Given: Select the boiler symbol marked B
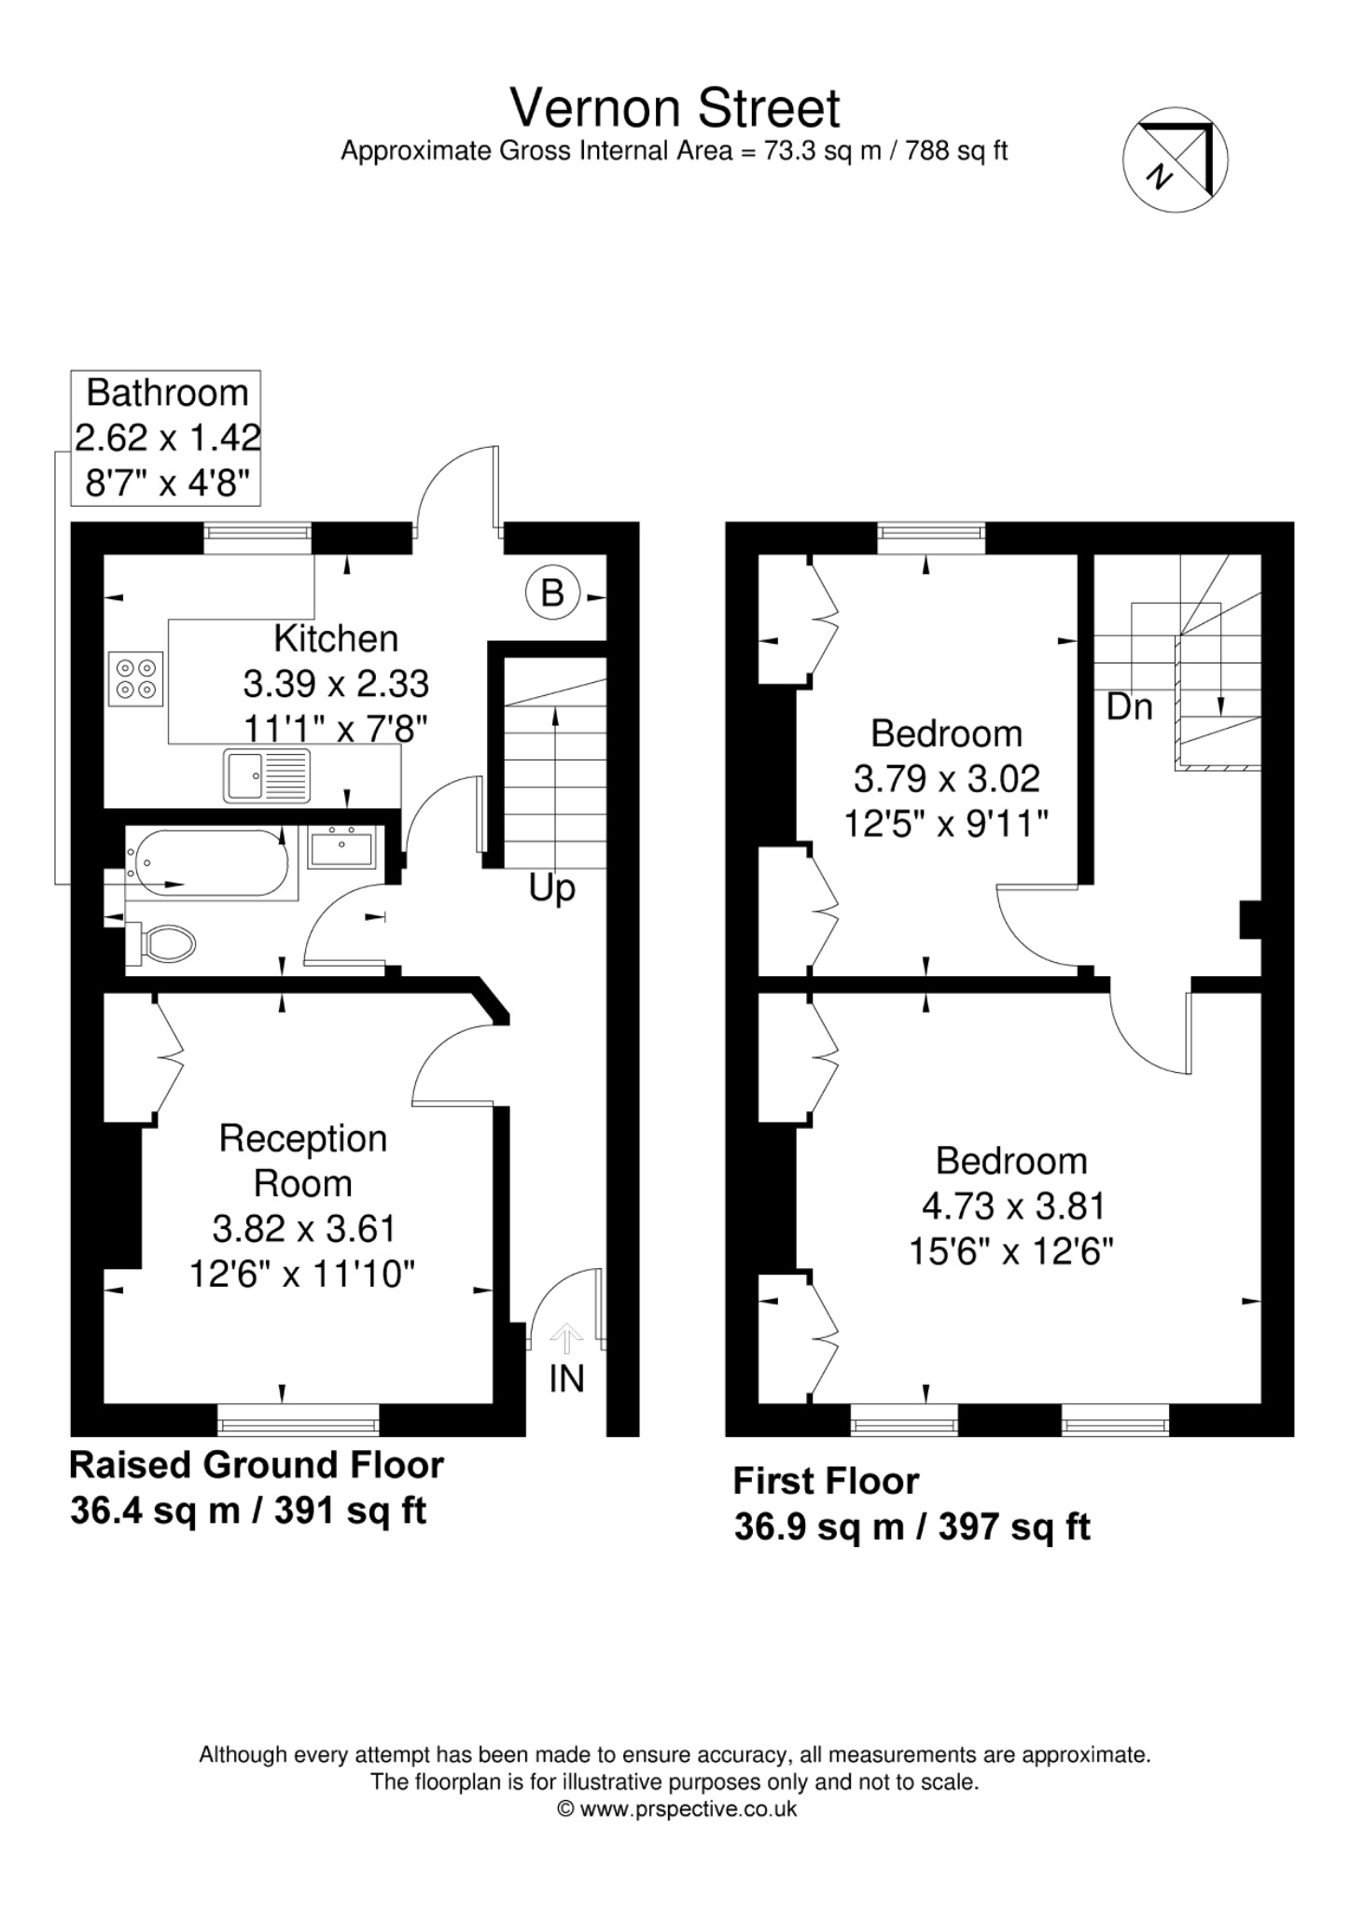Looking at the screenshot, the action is (x=552, y=593).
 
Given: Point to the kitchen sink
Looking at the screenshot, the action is (x=267, y=775).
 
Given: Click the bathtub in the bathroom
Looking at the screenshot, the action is (x=206, y=863).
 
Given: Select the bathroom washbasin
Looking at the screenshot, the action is (x=342, y=848).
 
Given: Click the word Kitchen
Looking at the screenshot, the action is (x=336, y=639).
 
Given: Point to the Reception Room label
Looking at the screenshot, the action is (x=303, y=1161).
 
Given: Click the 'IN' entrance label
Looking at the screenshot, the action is (x=566, y=1378).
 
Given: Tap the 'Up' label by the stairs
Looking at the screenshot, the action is (x=552, y=889).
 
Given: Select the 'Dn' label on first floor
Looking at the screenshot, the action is (x=1130, y=706).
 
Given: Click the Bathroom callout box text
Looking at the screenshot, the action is (x=167, y=438).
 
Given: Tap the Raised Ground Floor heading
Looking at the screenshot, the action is (x=257, y=1465).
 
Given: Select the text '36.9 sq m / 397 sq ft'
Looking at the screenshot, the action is (x=912, y=1527).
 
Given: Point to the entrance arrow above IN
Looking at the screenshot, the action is (x=566, y=1339).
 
